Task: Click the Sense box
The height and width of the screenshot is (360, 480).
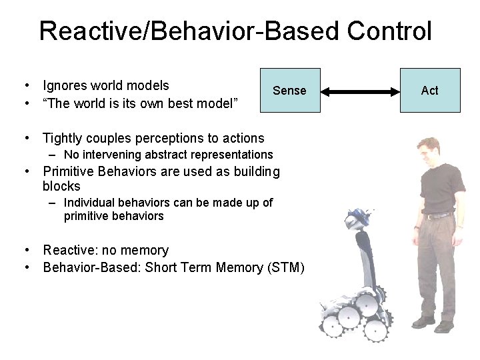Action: pos(289,90)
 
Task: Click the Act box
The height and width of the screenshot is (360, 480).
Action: pos(429,90)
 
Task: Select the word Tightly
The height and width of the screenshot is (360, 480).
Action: pos(64,138)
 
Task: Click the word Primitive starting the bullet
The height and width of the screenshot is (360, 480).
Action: pos(69,171)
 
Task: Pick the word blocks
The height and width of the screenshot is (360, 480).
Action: pos(61,186)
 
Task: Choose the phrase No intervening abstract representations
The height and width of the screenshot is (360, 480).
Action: pos(168,155)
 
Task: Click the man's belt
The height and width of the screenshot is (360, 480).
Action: pos(438,215)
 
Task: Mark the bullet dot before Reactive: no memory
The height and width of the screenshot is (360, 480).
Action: pos(25,251)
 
